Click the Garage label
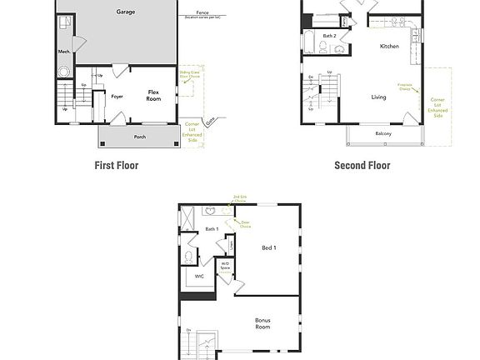(x=125, y=12)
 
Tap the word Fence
(x=202, y=13)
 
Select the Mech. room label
(x=64, y=52)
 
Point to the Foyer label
(x=117, y=97)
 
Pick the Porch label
(x=139, y=137)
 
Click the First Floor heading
(x=117, y=165)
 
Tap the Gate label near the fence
(x=209, y=121)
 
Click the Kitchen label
(x=389, y=47)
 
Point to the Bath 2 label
(x=330, y=36)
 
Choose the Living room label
(x=378, y=97)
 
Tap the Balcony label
(x=383, y=134)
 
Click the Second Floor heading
(x=362, y=165)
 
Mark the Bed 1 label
(x=269, y=247)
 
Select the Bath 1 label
(x=212, y=229)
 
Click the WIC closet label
(x=200, y=276)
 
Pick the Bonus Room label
(x=262, y=323)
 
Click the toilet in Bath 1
(x=191, y=256)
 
